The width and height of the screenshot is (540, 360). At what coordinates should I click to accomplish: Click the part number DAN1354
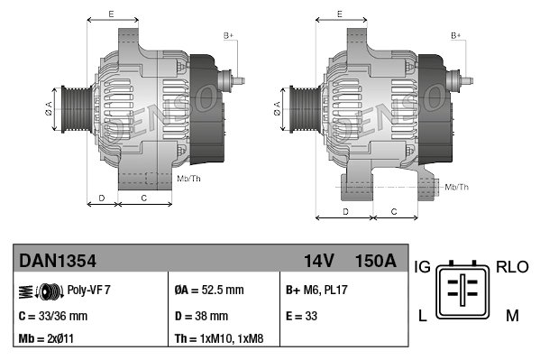tap(58, 261)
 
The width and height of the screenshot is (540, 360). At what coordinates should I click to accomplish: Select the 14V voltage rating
tap(319, 261)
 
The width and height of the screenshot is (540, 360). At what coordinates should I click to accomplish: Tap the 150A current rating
tap(376, 261)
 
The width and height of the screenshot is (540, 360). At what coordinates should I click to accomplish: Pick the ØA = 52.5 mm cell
tap(210, 291)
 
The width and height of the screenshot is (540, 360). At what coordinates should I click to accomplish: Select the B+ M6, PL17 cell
tap(316, 291)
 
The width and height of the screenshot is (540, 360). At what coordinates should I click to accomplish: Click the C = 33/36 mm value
tap(53, 316)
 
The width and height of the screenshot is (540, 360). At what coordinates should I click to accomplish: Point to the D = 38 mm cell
tap(201, 316)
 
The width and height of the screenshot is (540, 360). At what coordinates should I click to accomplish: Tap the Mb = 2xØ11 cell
tap(47, 339)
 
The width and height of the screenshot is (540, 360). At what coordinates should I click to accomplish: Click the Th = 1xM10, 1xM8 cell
tap(219, 339)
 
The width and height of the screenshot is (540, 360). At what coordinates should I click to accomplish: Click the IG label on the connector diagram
tap(422, 268)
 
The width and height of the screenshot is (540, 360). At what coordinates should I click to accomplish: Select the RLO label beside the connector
tap(513, 268)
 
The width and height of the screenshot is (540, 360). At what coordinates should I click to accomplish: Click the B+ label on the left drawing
tap(228, 35)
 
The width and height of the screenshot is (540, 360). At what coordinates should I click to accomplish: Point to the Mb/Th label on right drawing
tap(457, 187)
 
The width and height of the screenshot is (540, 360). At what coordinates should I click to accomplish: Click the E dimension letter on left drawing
tap(111, 14)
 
